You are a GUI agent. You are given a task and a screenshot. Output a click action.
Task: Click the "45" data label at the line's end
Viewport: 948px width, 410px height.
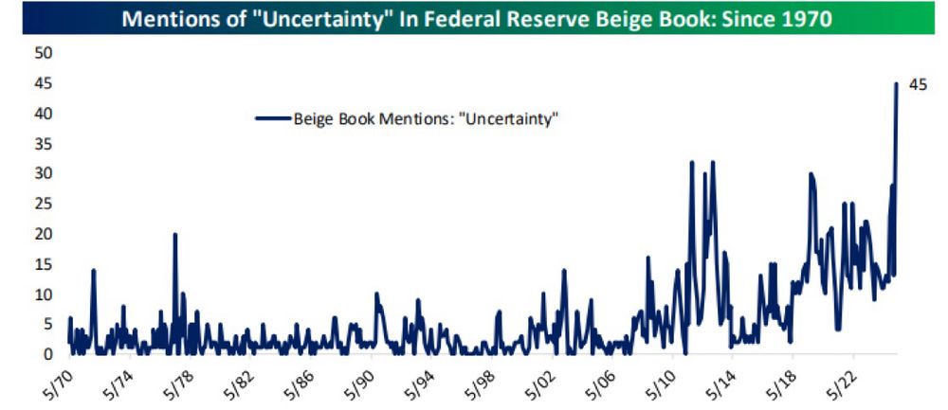(x=917, y=85)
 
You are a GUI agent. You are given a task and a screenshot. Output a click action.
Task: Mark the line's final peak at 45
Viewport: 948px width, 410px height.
(x=896, y=84)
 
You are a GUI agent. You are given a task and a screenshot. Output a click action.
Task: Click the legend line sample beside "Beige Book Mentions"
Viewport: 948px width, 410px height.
(x=272, y=118)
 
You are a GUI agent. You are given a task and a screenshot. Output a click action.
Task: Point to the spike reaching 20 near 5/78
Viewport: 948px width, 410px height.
(x=175, y=234)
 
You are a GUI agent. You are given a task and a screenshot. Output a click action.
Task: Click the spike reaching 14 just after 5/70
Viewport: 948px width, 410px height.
(x=94, y=270)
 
